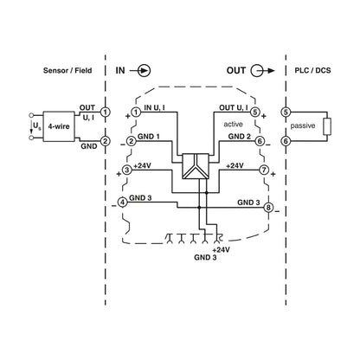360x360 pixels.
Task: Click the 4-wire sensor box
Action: [59, 126]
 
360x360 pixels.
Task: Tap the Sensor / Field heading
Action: [67, 70]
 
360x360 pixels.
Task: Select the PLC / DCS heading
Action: [312, 70]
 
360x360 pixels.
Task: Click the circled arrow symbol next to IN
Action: [145, 71]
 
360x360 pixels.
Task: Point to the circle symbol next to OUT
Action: [256, 71]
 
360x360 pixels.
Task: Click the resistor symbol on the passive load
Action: [327, 126]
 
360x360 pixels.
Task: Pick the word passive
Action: [303, 125]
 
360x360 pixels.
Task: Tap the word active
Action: [233, 125]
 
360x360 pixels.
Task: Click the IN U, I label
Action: [155, 108]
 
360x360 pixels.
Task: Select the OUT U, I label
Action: [234, 108]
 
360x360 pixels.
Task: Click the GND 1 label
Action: [149, 136]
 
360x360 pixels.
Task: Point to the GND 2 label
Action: [240, 136]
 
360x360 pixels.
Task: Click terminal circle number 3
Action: [127, 170]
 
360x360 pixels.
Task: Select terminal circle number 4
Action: [123, 202]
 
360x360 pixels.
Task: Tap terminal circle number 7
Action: [264, 170]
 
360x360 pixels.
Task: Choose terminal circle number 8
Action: [268, 208]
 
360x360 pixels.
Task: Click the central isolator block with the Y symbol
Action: [196, 166]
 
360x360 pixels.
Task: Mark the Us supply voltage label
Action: [36, 126]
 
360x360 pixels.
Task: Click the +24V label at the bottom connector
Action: [221, 250]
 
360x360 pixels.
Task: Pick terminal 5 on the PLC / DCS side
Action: [286, 112]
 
